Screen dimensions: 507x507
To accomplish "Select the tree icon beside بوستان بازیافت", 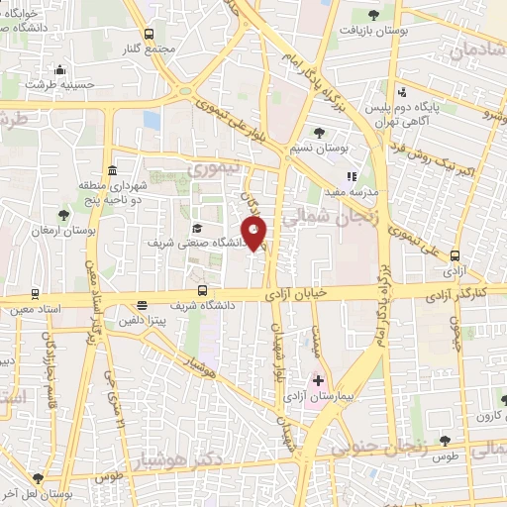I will tap(373, 15).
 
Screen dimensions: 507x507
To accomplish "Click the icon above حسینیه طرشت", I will tap(60, 69).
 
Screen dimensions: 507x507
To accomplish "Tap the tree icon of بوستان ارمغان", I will tap(63, 215).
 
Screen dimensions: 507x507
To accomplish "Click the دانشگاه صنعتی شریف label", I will tap(197, 241).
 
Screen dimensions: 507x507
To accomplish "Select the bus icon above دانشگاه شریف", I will tap(203, 291).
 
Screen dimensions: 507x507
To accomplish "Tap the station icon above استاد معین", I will tap(37, 294).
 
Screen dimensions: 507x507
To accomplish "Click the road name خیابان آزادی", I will tap(297, 295).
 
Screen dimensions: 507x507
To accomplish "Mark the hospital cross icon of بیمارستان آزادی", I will tap(319, 380).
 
